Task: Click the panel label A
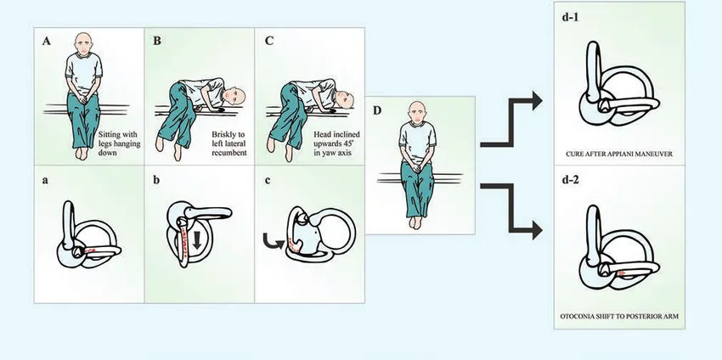pos(43,40)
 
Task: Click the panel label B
pos(156,40)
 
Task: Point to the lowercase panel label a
pos(42,180)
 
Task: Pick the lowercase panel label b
pos(156,180)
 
